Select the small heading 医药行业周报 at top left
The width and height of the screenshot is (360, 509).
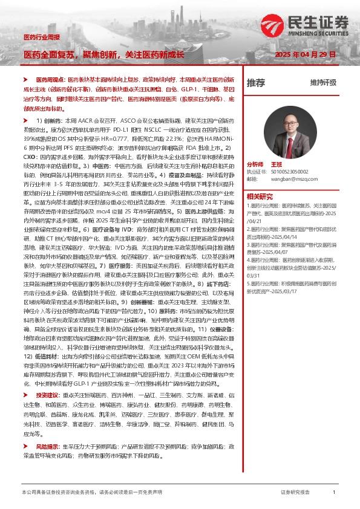(x=42, y=37)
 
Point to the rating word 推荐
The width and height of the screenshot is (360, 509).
(x=256, y=82)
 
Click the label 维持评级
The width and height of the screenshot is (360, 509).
(x=322, y=83)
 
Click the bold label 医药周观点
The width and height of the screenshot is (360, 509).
(x=50, y=80)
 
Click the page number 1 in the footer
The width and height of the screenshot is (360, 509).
(x=334, y=493)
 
